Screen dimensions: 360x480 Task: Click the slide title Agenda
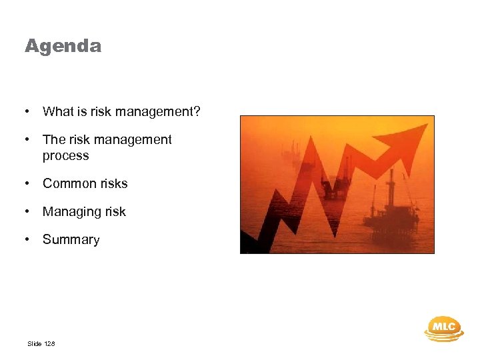[63, 46]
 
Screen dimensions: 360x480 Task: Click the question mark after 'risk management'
[197, 111]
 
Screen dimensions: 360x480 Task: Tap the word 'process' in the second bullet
[65, 156]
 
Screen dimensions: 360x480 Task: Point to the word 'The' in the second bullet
[53, 139]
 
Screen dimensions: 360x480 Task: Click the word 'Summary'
[71, 240]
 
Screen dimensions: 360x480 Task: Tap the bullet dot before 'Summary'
[27, 240]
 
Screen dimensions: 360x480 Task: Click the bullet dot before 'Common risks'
[27, 183]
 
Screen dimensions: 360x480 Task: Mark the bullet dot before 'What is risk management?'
[27, 111]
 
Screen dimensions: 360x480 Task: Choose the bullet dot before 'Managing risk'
[27, 212]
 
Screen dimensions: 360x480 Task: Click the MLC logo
[444, 328]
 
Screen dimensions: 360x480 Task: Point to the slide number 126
[50, 344]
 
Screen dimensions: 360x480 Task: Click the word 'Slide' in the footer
[35, 344]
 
